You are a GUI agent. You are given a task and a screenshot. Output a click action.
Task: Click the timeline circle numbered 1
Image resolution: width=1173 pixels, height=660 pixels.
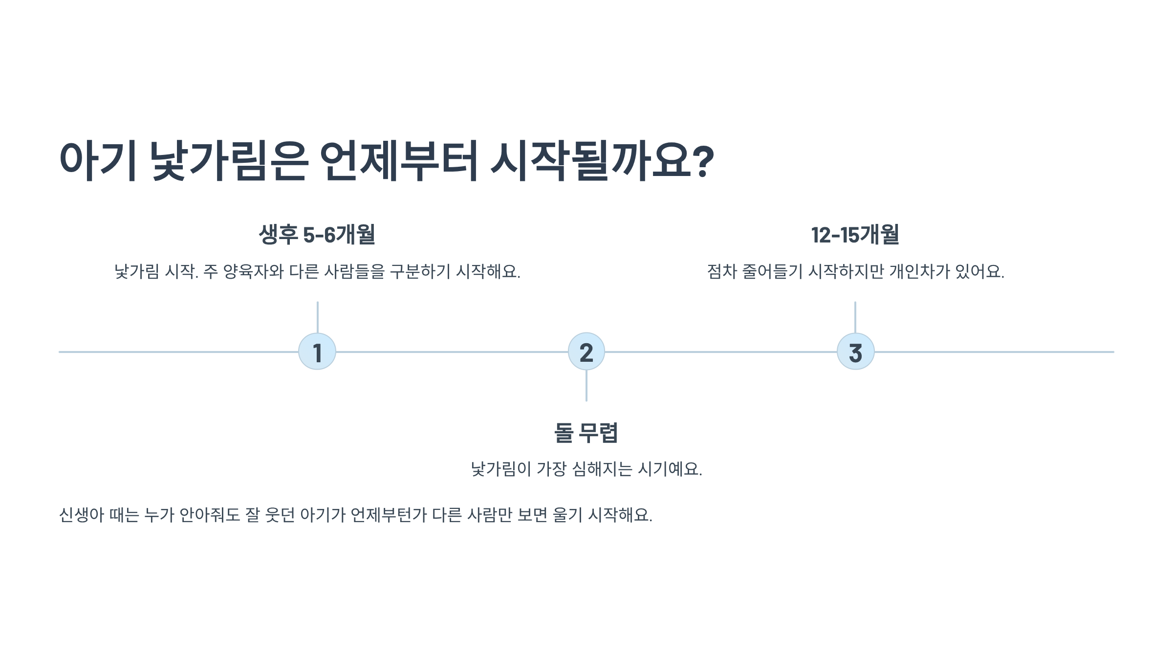coord(317,352)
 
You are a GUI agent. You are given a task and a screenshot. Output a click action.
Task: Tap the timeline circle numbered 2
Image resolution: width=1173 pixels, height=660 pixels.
coord(586,352)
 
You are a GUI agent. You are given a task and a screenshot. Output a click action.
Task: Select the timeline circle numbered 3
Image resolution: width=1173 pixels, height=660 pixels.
coord(855,352)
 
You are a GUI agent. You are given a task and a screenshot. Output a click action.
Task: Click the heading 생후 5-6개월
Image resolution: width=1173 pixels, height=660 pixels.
coord(317,235)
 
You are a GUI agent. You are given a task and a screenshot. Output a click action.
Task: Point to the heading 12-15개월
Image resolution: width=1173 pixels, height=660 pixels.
coord(855,235)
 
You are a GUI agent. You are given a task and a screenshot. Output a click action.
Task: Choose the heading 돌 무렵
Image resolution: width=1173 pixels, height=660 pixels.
coord(586,433)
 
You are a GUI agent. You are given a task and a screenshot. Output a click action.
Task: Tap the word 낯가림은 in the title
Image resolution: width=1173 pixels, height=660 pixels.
coord(229,161)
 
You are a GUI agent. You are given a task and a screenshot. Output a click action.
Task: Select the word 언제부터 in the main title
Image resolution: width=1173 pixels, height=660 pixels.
coord(399,161)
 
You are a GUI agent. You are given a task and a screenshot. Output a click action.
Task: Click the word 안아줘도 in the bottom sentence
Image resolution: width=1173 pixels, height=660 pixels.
coord(210,515)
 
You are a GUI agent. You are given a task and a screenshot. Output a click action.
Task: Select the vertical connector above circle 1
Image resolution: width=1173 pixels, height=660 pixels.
coord(317,317)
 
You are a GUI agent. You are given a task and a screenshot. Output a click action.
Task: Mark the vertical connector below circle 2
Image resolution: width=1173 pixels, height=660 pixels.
coord(586,386)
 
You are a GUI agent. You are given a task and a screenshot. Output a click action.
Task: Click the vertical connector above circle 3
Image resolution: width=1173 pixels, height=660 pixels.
coord(855,317)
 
